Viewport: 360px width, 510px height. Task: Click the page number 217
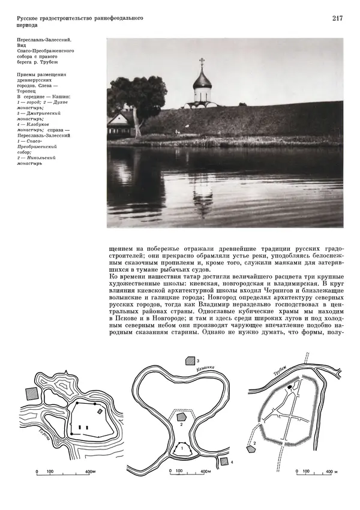tap(337, 18)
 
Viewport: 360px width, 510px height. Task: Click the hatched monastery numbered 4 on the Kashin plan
tap(224, 461)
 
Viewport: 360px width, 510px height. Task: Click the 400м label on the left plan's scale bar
tap(88, 472)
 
